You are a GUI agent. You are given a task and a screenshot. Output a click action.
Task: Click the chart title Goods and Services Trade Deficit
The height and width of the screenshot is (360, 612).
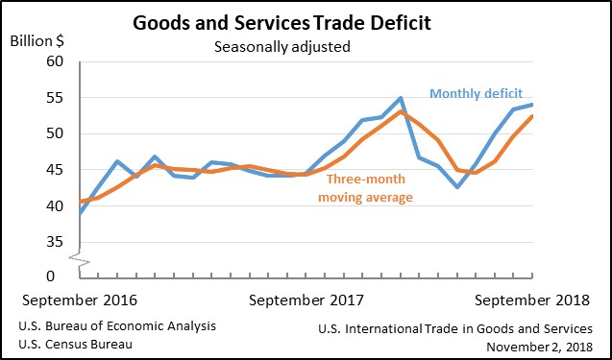tap(282, 23)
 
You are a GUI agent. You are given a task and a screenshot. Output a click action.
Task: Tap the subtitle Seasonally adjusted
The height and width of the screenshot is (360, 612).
tap(282, 47)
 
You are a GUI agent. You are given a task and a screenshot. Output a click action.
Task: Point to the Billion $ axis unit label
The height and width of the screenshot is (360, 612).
tap(37, 41)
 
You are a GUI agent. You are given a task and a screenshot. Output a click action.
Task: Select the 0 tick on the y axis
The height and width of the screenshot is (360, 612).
tap(51, 276)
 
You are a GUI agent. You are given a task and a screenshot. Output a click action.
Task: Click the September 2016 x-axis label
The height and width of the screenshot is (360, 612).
tap(80, 300)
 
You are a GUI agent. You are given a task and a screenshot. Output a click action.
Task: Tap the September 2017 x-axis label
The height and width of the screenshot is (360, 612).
tap(306, 300)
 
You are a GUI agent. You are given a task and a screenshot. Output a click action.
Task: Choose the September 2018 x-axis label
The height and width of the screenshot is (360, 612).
tap(532, 300)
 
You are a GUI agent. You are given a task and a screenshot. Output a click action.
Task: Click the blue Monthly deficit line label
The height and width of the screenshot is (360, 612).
tap(477, 94)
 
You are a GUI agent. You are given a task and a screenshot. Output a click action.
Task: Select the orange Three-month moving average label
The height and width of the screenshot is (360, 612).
tap(365, 188)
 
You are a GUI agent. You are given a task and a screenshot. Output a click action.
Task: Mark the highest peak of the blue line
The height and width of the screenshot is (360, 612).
tap(400, 98)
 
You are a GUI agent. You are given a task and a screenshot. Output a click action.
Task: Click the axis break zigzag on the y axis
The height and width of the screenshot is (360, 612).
tap(80, 260)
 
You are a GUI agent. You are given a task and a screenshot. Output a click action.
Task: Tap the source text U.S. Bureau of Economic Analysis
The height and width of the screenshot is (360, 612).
tap(117, 326)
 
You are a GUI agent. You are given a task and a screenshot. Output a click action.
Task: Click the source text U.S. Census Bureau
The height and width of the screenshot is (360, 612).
tap(75, 345)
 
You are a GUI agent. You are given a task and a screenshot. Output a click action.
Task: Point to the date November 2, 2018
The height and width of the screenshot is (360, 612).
tap(539, 347)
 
